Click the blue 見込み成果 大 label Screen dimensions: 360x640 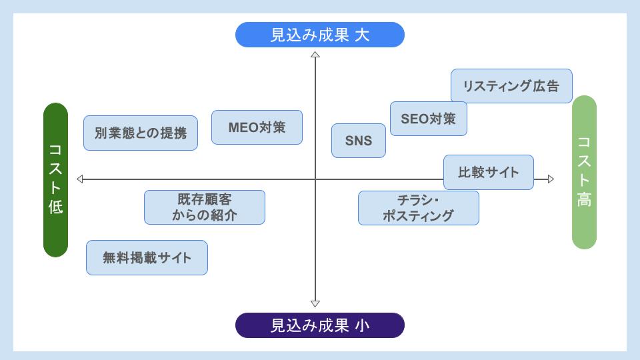click(320, 35)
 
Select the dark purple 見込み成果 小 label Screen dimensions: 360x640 click(320, 325)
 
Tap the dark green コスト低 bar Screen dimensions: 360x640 click(56, 180)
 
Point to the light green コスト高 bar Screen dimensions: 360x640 click(584, 172)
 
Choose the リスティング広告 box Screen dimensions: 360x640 click(511, 86)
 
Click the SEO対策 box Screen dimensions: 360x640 click(428, 119)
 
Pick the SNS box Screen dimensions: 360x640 click(359, 141)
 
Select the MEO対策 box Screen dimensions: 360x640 click(257, 127)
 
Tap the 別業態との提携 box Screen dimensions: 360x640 click(141, 133)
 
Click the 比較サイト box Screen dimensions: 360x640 click(489, 172)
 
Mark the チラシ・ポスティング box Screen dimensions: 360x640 click(418, 208)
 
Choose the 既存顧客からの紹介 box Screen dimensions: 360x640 click(205, 207)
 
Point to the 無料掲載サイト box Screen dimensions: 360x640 click(147, 258)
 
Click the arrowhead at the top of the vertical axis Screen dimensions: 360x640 click(315, 54)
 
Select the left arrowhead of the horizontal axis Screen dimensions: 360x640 click(80, 179)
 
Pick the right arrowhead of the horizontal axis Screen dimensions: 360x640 click(550, 179)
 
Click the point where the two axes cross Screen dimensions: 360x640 click(315, 179)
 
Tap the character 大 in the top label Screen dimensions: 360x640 click(362, 35)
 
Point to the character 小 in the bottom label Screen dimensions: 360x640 click(362, 325)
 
